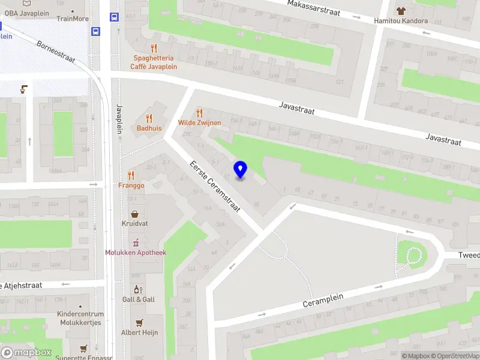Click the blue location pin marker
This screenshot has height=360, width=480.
tap(241, 170)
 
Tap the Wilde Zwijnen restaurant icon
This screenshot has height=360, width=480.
tap(200, 113)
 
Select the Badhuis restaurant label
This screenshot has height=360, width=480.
tap(149, 128)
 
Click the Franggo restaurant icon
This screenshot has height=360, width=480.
tap(131, 176)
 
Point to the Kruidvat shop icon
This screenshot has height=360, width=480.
tap(135, 214)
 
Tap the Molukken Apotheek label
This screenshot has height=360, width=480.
tap(136, 253)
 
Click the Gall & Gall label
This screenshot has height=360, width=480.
tap(139, 299)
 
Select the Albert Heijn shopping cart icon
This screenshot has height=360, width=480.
tap(139, 322)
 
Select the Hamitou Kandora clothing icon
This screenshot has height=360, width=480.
tap(401, 10)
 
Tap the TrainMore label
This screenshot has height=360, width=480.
tap(73, 19)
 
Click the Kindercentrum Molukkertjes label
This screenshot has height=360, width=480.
tap(80, 318)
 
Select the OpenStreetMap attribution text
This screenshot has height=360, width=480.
tap(454, 356)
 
